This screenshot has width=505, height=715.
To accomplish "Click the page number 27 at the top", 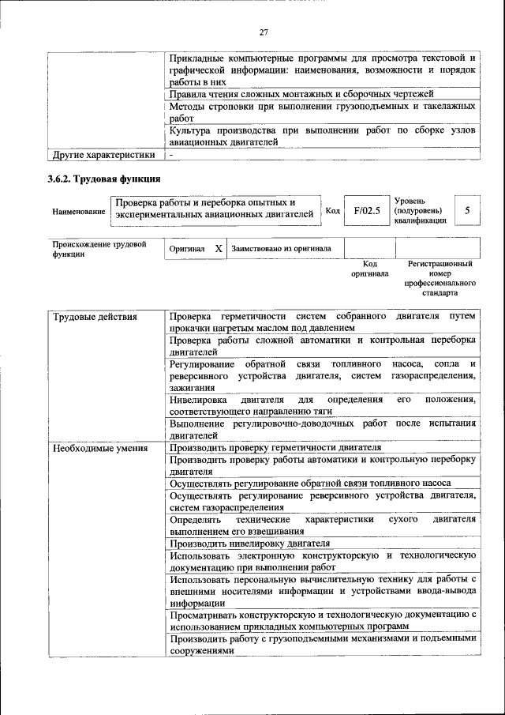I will click(264, 32).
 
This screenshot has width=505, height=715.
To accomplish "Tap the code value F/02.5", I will click(367, 211).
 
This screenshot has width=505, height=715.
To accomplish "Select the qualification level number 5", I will click(468, 211).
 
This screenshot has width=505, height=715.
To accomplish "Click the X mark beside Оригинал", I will click(219, 248).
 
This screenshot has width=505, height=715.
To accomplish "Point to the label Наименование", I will click(79, 212).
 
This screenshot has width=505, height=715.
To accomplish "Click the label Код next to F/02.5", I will click(333, 211).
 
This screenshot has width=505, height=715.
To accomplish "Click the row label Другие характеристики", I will click(103, 155).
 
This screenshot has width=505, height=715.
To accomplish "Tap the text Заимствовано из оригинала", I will click(282, 249).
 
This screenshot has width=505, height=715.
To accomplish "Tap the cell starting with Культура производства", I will click(322, 136).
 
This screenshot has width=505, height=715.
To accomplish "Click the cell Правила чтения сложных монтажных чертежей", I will click(302, 94).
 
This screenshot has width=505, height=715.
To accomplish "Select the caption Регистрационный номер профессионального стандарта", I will click(440, 277).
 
